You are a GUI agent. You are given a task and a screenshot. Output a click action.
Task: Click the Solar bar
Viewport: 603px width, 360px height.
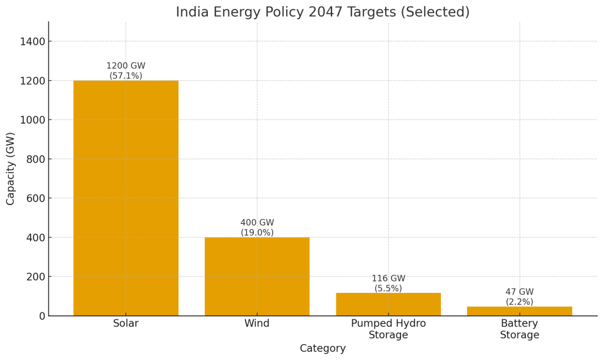[x=125, y=198]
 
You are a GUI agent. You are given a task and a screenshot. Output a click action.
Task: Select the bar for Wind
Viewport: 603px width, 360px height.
[x=257, y=276]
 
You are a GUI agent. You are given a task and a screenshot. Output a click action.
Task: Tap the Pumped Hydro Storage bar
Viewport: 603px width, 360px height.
[x=388, y=304]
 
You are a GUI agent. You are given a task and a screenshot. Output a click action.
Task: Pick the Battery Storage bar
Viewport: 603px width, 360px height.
[x=519, y=311]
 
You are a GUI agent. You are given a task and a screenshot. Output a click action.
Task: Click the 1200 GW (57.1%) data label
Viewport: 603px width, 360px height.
[x=125, y=71]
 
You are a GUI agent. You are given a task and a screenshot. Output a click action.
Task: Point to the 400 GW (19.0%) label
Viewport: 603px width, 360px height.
[x=257, y=227]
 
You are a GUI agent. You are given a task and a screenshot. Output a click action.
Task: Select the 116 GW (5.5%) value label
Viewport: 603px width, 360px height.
[x=388, y=283]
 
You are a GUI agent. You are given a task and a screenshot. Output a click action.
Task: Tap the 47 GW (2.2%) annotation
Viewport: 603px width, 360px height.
[x=519, y=297]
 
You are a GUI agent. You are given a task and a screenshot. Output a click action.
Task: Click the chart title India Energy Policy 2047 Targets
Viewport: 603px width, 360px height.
[x=323, y=12]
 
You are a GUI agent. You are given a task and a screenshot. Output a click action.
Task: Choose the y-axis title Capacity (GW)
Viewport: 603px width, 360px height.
[x=11, y=169]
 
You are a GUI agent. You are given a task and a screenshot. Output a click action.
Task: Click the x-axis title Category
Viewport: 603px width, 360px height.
[x=323, y=348]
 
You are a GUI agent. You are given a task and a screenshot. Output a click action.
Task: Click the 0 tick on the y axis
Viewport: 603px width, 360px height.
[x=41, y=316]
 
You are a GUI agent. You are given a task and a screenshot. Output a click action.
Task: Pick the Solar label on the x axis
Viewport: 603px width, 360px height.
[x=125, y=323]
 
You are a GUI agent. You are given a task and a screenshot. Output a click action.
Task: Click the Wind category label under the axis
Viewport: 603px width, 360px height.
[x=257, y=323]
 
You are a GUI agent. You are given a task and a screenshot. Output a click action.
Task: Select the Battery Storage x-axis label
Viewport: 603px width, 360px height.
[x=519, y=329]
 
